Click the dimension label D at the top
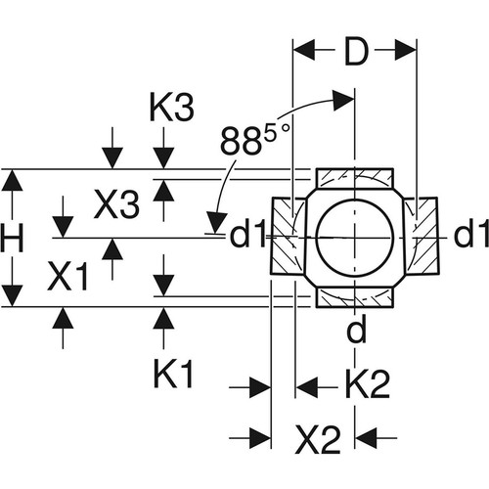[356, 52]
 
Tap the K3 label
[171, 108]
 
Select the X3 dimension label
[116, 204]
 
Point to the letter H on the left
[12, 239]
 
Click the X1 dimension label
[67, 277]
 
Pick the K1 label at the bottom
[174, 374]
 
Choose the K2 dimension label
[368, 384]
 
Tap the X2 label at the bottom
[318, 440]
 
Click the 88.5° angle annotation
[255, 140]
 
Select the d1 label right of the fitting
[471, 234]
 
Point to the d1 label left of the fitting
[247, 234]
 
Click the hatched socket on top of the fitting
[355, 179]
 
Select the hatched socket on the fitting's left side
[287, 236]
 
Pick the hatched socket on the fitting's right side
[421, 236]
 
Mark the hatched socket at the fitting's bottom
[355, 297]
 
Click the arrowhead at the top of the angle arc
[343, 101]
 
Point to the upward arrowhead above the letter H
[12, 180]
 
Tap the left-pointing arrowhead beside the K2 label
[306, 387]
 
